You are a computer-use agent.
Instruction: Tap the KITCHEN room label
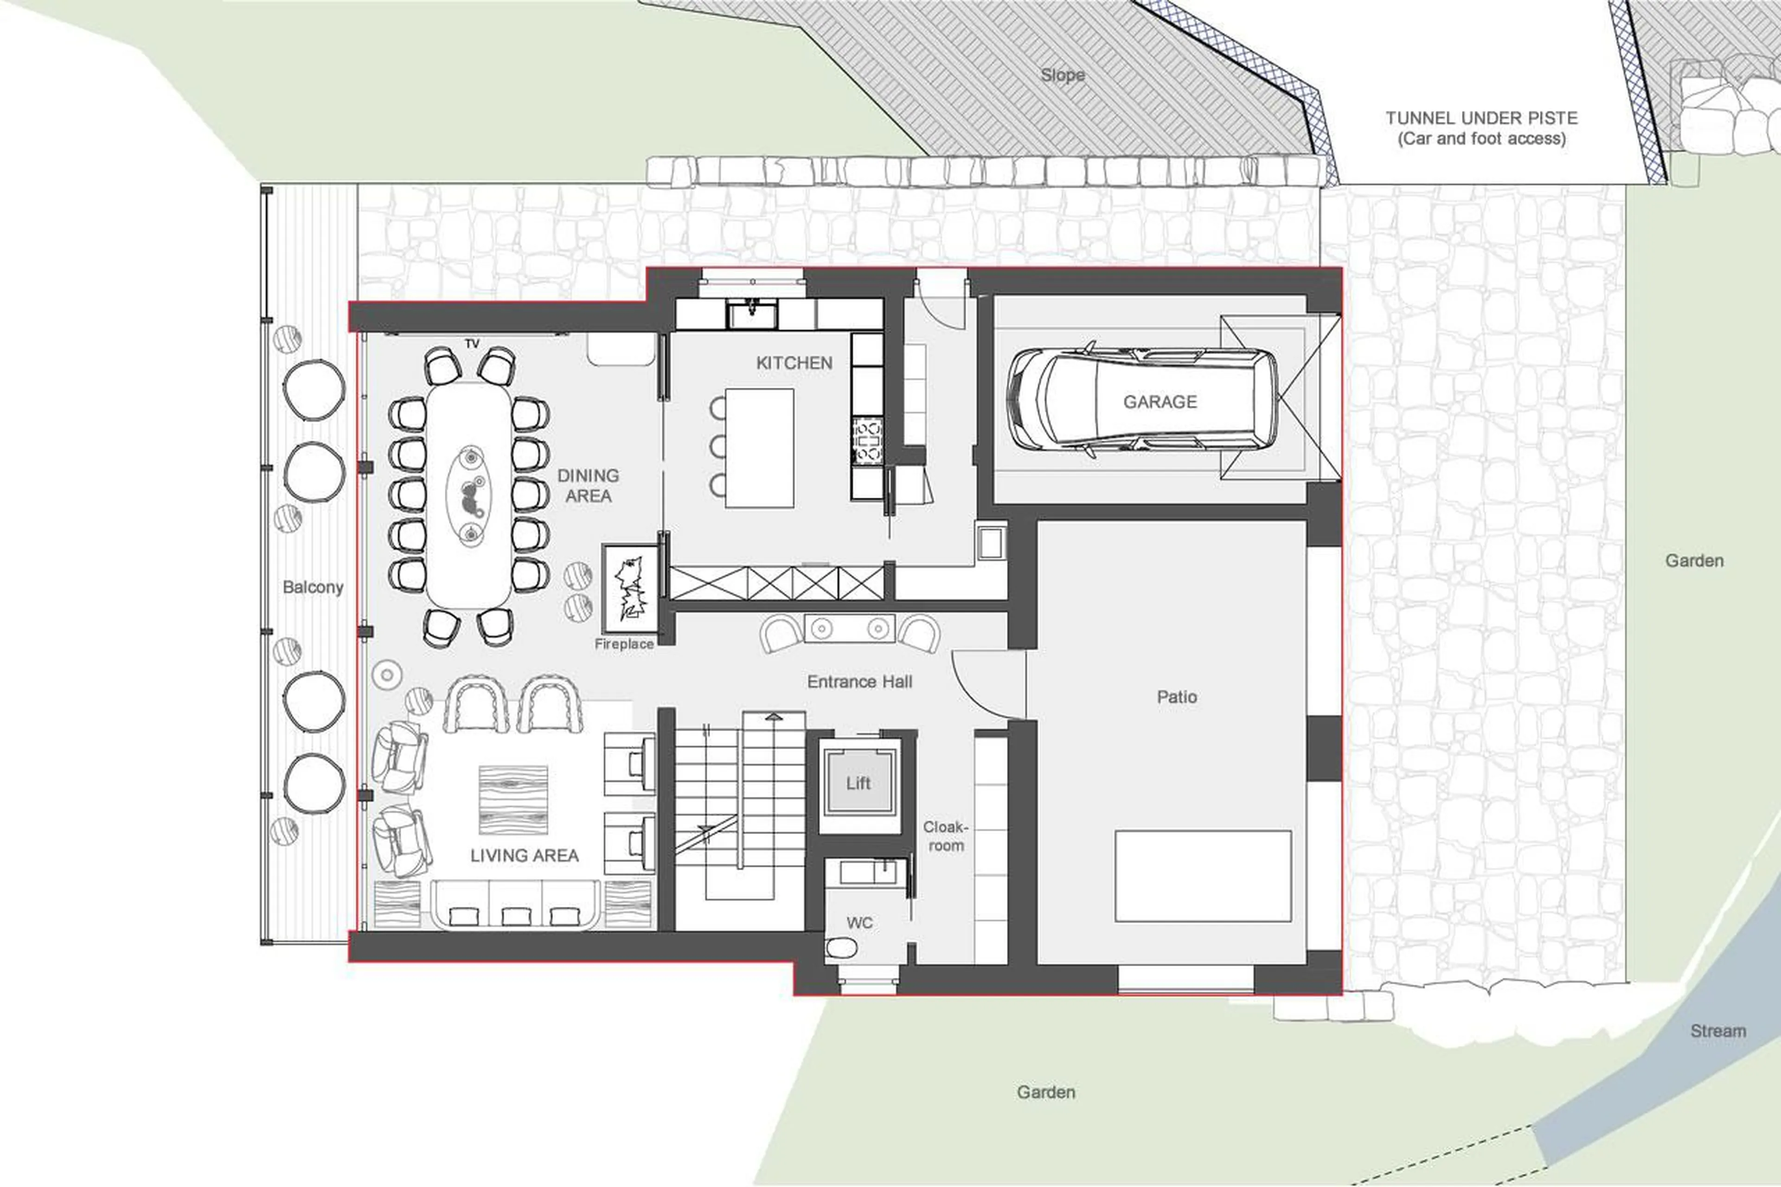click(x=794, y=363)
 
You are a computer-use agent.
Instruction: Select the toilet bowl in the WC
click(x=841, y=947)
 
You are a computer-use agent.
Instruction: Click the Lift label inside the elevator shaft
click(x=858, y=783)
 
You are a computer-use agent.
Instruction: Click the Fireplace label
click(x=624, y=644)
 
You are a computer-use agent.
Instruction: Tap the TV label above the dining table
click(x=472, y=344)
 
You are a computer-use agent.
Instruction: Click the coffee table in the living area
click(x=513, y=799)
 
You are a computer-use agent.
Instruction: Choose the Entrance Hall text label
click(x=859, y=682)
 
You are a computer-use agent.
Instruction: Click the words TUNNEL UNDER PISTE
click(x=1481, y=118)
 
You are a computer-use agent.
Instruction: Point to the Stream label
click(x=1717, y=1031)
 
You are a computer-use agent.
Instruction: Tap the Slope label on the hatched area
click(x=1062, y=75)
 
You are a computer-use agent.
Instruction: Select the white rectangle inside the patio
click(x=1203, y=876)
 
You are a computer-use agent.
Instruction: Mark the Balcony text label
click(x=313, y=587)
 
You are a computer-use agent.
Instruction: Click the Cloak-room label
click(x=945, y=836)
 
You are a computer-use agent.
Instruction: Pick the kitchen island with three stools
click(x=759, y=448)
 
